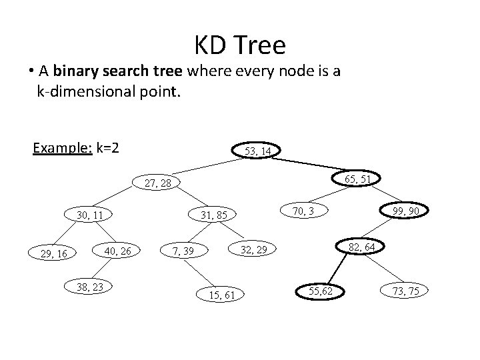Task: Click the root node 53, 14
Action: coord(257,151)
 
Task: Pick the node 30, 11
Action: coord(90,215)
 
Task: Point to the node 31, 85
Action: coord(214,215)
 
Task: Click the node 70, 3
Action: coord(303,211)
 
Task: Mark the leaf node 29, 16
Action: coord(53,253)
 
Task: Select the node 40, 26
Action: coord(118,251)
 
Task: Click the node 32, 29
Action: coord(253,249)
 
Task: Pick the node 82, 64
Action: coord(361,247)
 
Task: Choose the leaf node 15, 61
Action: coord(220,294)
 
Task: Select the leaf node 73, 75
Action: coord(405,291)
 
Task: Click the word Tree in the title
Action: coord(261,45)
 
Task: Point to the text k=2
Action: coord(107,147)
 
